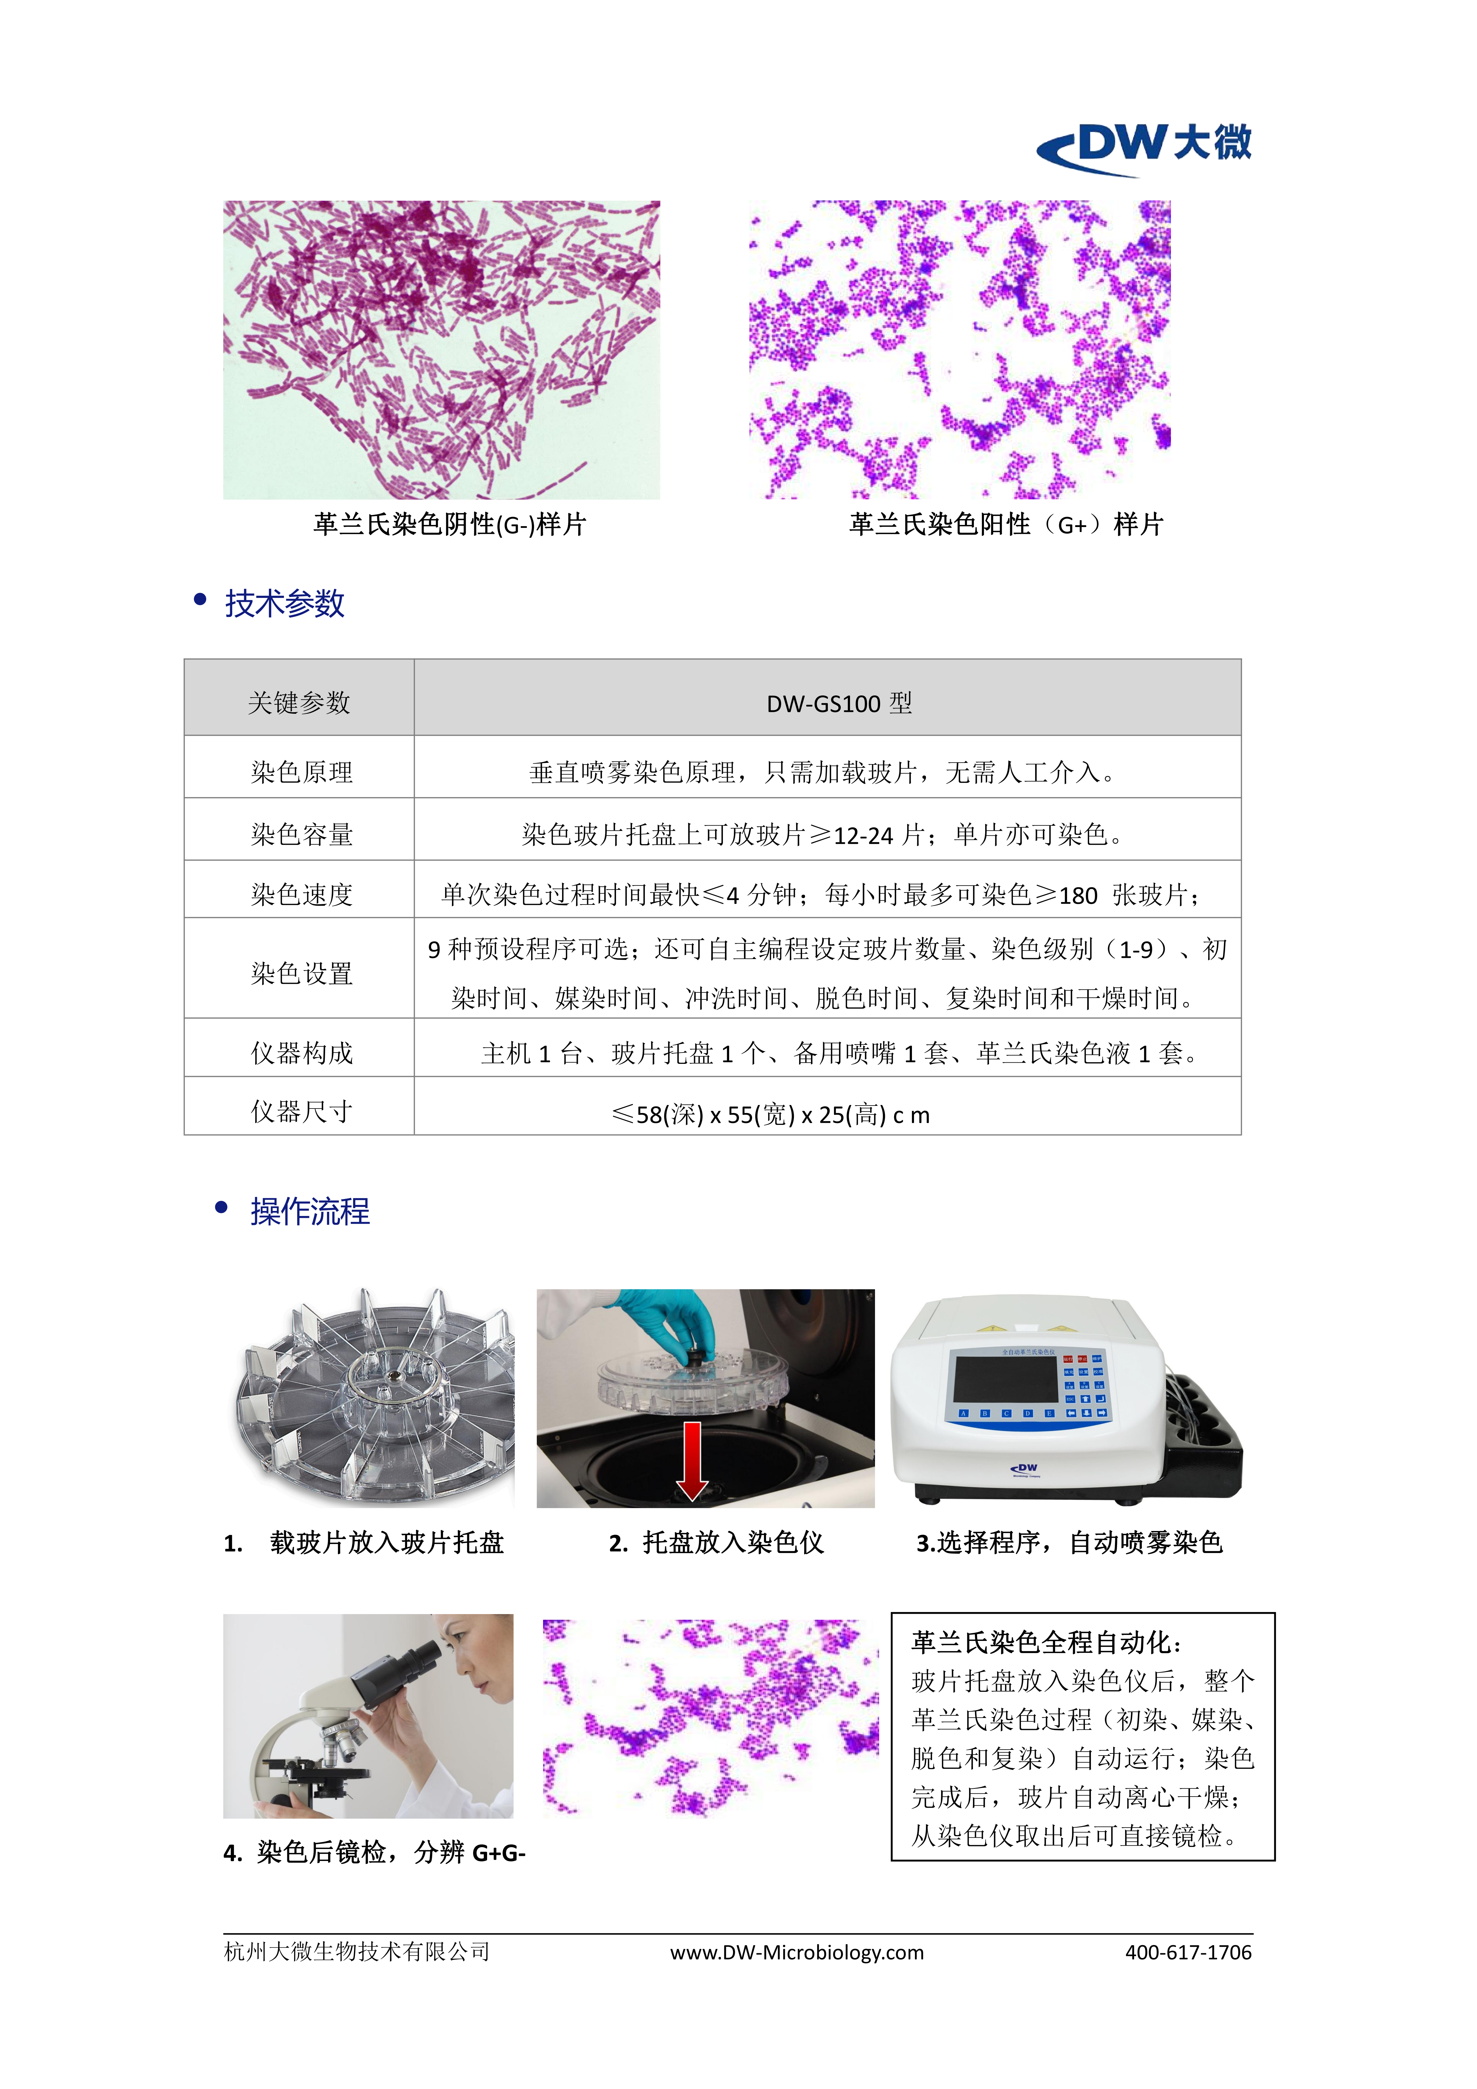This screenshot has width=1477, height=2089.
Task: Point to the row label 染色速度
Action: (301, 894)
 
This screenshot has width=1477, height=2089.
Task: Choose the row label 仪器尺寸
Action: (301, 1111)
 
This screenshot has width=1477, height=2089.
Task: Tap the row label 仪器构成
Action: (301, 1053)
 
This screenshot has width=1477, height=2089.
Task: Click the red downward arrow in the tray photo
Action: (692, 1460)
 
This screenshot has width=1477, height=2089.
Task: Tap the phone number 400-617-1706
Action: (1189, 1953)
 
